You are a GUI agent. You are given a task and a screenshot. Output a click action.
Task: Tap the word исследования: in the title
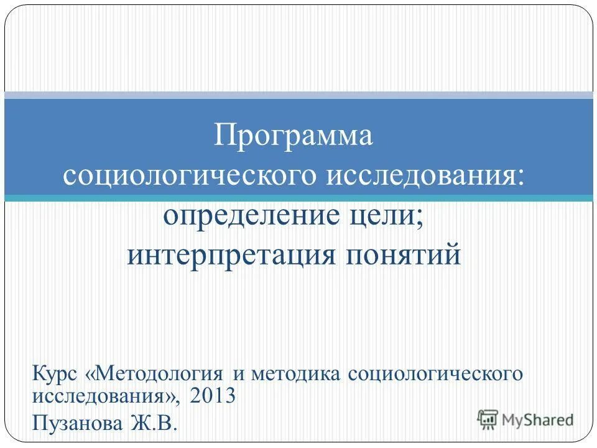425,176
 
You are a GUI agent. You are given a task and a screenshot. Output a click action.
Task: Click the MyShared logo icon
488,419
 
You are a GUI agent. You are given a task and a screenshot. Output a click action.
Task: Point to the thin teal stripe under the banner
298,198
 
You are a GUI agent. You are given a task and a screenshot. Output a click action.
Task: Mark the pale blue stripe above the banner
298,95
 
